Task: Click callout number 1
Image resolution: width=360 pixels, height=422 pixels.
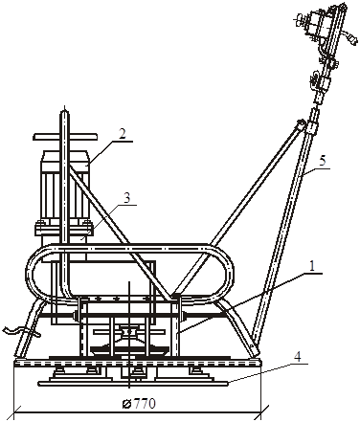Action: click(x=312, y=266)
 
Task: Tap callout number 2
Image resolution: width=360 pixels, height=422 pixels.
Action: click(x=122, y=134)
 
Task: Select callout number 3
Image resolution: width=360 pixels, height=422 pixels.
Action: click(x=126, y=198)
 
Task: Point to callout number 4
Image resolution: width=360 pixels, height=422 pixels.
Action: click(x=297, y=356)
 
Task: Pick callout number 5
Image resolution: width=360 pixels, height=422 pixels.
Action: click(x=323, y=161)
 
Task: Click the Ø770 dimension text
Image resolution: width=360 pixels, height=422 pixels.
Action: click(x=139, y=404)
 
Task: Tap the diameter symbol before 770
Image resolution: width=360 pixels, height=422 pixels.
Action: click(x=126, y=404)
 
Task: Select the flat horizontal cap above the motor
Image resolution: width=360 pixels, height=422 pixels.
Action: click(x=65, y=137)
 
